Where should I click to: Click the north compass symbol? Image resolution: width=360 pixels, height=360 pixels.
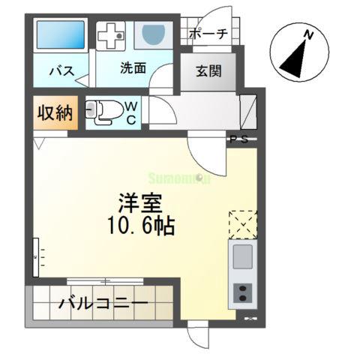tap(299, 56)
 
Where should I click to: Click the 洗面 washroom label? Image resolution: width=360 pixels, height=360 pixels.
tap(133, 67)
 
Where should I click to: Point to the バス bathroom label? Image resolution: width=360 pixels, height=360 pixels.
tap(61, 72)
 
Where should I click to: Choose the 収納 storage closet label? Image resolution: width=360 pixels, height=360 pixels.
tap(54, 113)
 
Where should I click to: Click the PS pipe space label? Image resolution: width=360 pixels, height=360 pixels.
tap(238, 139)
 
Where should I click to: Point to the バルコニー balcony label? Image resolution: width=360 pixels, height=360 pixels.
tap(103, 305)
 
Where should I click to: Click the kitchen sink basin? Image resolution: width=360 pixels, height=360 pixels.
tap(243, 257)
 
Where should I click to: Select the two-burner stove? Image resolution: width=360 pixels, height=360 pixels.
tap(243, 294)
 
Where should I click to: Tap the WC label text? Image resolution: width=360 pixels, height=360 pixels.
tap(130, 112)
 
